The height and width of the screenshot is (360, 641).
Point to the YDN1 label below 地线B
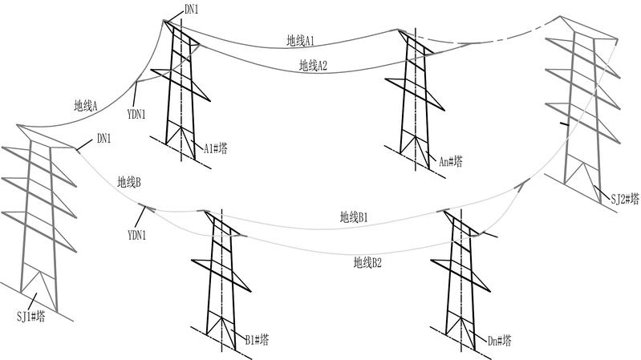point(137,235)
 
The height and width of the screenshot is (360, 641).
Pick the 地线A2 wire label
point(313,65)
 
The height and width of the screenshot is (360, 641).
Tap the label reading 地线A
point(85,105)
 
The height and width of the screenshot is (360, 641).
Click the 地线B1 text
point(353,216)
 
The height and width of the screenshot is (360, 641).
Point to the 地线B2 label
point(367,261)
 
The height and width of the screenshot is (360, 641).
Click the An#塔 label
point(450,161)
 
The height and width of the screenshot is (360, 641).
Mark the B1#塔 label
point(254,340)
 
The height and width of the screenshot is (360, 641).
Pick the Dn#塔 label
point(499,341)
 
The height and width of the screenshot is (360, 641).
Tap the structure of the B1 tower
point(219,273)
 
